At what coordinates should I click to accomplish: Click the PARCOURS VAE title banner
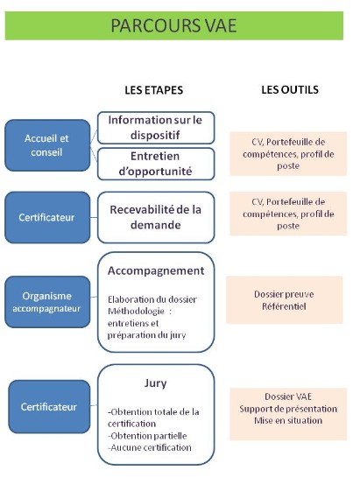click(x=174, y=25)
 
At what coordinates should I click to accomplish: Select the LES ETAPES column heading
click(x=154, y=90)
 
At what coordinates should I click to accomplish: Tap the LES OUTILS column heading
click(x=290, y=89)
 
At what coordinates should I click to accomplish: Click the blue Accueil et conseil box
click(x=47, y=145)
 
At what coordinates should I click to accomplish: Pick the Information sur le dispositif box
click(x=156, y=128)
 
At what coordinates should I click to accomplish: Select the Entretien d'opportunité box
click(x=156, y=164)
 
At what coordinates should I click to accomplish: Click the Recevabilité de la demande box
click(x=156, y=217)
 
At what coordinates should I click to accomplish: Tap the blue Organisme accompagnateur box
click(x=47, y=302)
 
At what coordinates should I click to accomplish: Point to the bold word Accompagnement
click(x=156, y=270)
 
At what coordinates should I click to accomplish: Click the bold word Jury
click(x=155, y=383)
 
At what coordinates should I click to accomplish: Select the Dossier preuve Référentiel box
click(x=284, y=300)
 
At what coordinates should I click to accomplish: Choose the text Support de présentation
click(x=288, y=409)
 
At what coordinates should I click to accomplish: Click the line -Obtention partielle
click(x=147, y=436)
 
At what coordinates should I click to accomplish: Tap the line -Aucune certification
click(x=150, y=447)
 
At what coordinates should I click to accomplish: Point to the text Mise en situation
click(x=288, y=420)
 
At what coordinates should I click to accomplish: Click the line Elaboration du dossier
click(x=152, y=299)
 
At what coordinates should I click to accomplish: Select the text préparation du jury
click(x=146, y=335)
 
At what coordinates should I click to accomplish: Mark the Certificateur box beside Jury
click(x=49, y=406)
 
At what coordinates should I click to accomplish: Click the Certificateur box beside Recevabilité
click(x=47, y=217)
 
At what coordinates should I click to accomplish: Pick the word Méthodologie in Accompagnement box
click(x=136, y=312)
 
